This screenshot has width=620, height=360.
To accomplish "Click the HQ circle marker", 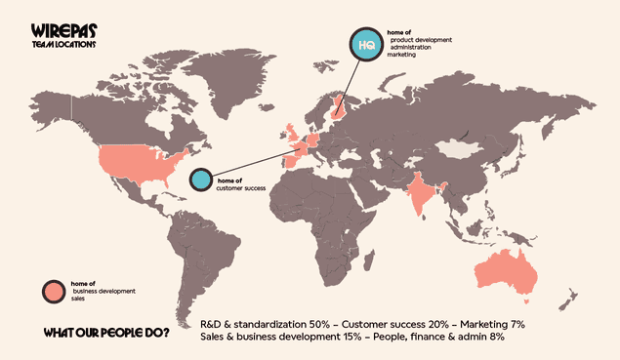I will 367,45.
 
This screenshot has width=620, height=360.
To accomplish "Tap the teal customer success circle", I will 201,179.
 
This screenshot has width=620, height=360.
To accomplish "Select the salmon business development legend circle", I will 52,290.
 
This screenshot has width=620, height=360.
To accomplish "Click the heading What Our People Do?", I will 105,334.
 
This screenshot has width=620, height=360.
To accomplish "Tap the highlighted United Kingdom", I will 290,134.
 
